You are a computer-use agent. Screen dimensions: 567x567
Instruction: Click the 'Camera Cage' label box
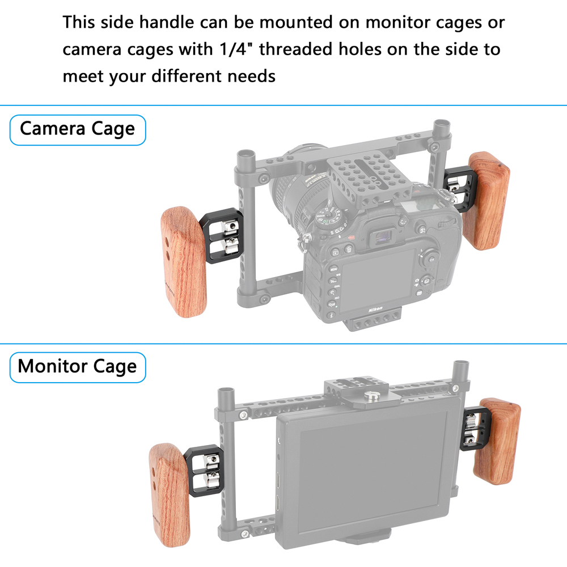pos(78,130)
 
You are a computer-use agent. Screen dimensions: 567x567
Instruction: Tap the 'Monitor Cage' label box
pos(78,367)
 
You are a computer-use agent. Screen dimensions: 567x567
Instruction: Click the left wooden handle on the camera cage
pos(183,262)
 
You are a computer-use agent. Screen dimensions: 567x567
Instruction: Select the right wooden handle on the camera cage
pos(486,201)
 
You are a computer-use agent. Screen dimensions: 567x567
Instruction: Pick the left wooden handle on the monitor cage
pos(169,495)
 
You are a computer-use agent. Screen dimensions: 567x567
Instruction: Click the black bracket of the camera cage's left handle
pos(221,235)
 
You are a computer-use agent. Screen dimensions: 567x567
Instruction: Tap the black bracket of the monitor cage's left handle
pos(204,471)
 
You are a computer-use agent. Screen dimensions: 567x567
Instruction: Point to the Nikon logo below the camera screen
pos(375,309)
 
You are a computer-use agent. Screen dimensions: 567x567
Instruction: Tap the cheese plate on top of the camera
pos(369,176)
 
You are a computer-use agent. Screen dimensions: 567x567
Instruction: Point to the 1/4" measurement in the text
pos(236,49)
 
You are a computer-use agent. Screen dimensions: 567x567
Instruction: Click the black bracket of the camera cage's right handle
pos(456,190)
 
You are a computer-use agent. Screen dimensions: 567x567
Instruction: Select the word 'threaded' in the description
pos(295,49)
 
